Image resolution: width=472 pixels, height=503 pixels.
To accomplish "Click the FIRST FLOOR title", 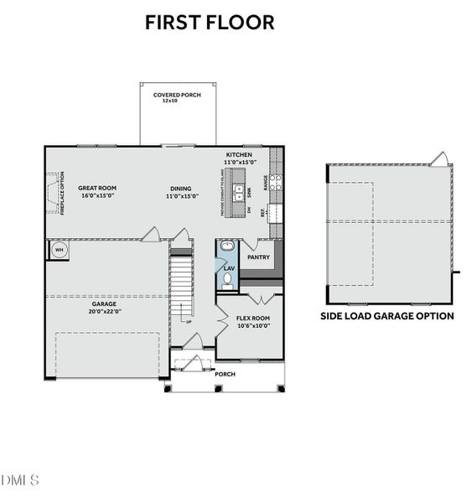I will pyautogui.click(x=210, y=23).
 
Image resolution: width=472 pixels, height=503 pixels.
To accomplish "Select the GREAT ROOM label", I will pyautogui.click(x=97, y=189).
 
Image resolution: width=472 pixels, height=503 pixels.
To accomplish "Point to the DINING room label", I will pyautogui.click(x=180, y=189).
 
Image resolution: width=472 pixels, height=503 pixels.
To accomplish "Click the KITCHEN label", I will pyautogui.click(x=238, y=155).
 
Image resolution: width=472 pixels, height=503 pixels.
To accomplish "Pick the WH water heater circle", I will pyautogui.click(x=59, y=250).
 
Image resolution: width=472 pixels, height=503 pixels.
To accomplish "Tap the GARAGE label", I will pyautogui.click(x=105, y=303).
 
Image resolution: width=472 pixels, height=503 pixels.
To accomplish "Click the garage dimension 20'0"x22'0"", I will pyautogui.click(x=105, y=311).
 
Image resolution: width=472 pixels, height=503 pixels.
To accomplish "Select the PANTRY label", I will pyautogui.click(x=258, y=257).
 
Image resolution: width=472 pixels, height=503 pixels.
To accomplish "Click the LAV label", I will pyautogui.click(x=229, y=268).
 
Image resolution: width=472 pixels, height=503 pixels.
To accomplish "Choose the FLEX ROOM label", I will pyautogui.click(x=252, y=318).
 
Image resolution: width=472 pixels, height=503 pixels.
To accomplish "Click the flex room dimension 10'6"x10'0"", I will pyautogui.click(x=252, y=325).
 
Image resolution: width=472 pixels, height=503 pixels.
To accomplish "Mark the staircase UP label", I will pyautogui.click(x=189, y=322).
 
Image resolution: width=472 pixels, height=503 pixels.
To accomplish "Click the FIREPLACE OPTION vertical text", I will pyautogui.click(x=62, y=194).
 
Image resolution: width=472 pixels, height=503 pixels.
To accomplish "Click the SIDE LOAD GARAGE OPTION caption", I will pyautogui.click(x=387, y=316).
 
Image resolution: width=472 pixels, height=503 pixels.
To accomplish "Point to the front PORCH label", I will pyautogui.click(x=226, y=374).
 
